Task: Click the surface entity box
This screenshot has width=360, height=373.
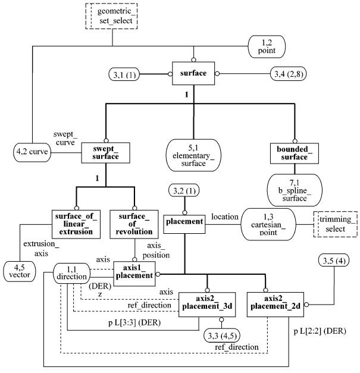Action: coord(193,73)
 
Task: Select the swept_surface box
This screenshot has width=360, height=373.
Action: coord(106,153)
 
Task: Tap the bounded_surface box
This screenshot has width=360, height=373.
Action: coord(295,153)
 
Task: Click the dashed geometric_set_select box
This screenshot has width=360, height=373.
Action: coord(111,16)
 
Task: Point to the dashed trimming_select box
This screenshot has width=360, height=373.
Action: coord(335,224)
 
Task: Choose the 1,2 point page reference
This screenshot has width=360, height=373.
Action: coord(267,46)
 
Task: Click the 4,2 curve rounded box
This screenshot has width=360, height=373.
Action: coord(32,152)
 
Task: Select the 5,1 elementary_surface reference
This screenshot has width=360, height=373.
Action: coord(193,155)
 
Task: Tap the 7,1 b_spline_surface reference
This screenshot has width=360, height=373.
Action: coord(295,190)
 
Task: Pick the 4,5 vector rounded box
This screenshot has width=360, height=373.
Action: coord(20,271)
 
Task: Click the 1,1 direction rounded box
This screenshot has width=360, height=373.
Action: coord(71,273)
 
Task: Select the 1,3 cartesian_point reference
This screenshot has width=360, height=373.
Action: coord(268,224)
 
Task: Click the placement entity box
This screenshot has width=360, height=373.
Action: coord(184,224)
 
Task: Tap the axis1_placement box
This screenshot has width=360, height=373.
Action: coord(134,274)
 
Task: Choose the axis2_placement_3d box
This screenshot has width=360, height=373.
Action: coord(207,305)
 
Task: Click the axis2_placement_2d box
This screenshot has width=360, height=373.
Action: coord(276,305)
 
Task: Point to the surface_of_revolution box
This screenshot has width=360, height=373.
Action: coord(134,224)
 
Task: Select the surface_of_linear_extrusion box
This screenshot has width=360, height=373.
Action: coord(76,224)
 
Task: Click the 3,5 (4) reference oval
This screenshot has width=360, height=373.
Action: coord(334,261)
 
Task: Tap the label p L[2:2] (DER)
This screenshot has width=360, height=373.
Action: coord(320,331)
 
